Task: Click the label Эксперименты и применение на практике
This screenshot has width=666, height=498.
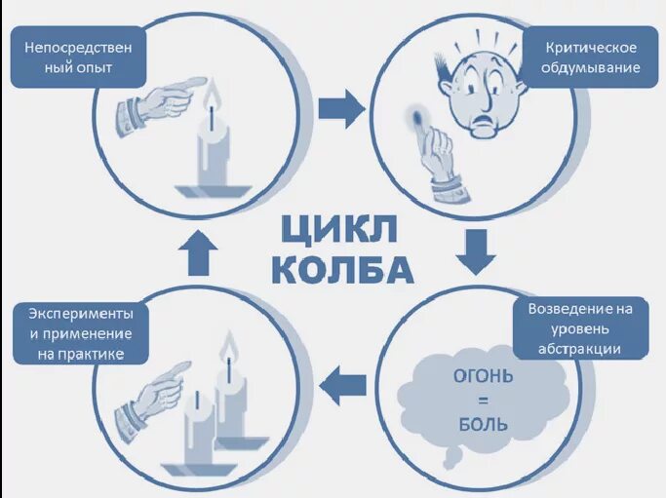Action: (81, 333)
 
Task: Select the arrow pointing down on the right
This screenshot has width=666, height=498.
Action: (477, 250)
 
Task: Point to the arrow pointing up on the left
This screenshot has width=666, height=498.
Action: (199, 253)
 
